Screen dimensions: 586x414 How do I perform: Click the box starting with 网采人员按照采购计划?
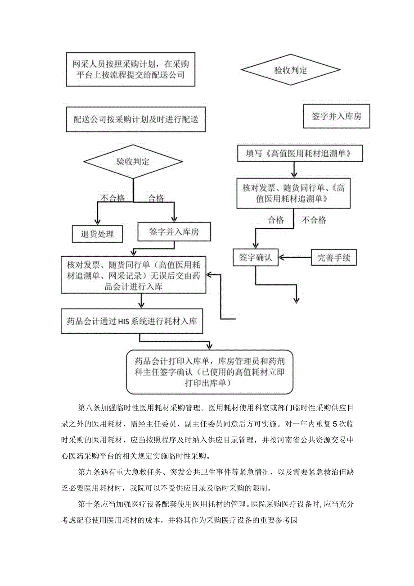130,69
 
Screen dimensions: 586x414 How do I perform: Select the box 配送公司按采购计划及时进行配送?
135,119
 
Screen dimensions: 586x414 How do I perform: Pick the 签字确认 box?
255,258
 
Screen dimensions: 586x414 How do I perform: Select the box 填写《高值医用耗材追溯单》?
300,154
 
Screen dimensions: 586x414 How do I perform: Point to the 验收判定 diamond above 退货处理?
133,162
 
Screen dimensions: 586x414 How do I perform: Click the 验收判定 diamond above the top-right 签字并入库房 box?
290,70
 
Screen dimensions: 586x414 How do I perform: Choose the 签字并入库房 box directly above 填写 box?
337,116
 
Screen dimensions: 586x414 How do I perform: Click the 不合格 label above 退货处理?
112,198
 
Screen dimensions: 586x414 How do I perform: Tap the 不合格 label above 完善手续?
314,220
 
